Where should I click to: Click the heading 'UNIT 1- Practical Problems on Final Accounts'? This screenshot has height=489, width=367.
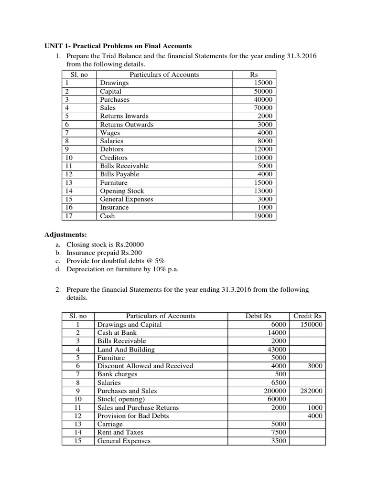118,46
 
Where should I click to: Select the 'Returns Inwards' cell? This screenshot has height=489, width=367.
124,116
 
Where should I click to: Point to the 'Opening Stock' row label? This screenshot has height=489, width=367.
121,191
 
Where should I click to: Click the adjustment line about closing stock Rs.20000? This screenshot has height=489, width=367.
102,244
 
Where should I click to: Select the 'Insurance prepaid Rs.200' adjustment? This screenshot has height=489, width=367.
104,253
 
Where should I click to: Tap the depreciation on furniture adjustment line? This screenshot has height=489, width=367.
119,269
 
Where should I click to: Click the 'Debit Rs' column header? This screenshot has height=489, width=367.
259,316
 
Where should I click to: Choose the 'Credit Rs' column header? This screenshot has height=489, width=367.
307,316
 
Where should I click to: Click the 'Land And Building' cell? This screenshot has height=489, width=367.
126,350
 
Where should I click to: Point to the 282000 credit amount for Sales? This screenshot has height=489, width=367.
311,391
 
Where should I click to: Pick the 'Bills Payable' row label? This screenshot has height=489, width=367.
119,174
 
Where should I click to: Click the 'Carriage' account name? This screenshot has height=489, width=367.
110,424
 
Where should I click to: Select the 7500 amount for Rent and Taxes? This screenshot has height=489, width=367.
278,432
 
